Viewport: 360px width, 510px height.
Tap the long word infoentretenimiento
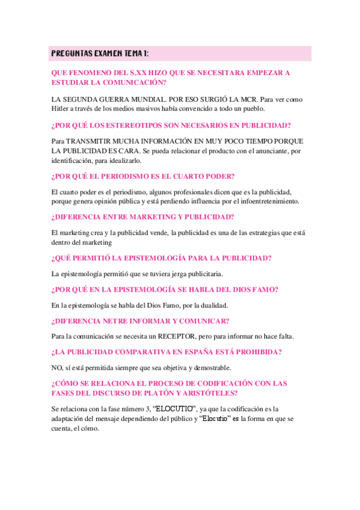coord(267,201)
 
